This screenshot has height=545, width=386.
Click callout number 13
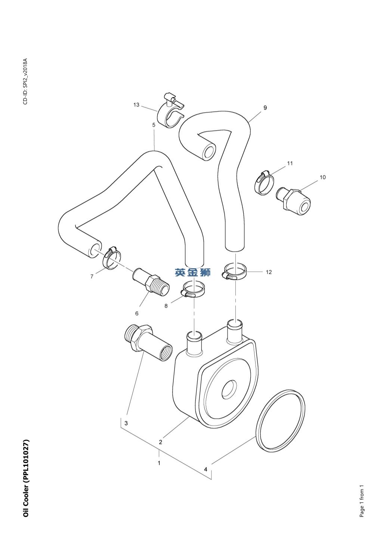136,105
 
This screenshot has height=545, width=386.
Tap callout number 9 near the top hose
265,108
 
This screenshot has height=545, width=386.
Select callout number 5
154,125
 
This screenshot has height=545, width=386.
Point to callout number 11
290,163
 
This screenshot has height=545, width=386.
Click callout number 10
322,177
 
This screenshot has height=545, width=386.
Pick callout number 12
269,272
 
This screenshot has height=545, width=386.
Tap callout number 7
92,276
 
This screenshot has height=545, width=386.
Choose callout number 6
137,313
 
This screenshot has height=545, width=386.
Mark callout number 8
166,306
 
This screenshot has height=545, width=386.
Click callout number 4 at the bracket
206,469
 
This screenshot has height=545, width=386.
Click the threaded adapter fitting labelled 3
148,342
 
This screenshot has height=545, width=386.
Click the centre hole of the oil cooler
229,390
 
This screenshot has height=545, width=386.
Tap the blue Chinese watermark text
193,272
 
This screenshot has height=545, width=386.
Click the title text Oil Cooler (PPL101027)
26,478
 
